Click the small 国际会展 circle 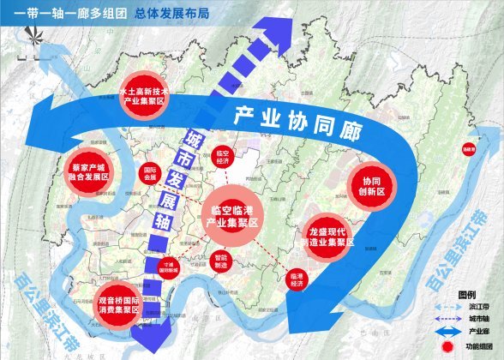151,174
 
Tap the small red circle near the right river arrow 470,149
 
